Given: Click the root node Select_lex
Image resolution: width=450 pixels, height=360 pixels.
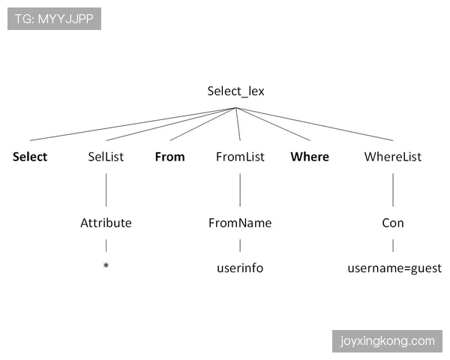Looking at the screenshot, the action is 235,91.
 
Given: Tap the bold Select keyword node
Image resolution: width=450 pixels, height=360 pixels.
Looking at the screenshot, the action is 30,157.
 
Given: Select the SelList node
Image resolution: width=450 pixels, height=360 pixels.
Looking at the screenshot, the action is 106,157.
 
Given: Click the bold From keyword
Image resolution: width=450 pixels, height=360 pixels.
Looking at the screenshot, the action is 170,157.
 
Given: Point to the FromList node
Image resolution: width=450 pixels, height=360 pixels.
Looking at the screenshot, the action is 240,157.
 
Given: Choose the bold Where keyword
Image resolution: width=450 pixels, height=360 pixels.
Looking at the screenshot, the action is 310,157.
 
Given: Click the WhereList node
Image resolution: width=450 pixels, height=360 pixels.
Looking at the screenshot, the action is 393,157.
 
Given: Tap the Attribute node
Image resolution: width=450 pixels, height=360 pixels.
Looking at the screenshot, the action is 106,223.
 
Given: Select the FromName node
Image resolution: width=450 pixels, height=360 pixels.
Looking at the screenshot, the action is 240,223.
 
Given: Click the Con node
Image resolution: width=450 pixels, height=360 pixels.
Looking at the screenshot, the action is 393,223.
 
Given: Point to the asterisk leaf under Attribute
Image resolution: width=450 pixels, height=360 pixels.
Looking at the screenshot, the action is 106,265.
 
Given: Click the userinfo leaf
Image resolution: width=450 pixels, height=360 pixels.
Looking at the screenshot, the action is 240,268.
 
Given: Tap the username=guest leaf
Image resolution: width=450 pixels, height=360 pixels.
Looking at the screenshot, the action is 394,268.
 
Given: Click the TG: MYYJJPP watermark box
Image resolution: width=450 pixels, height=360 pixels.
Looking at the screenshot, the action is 54,19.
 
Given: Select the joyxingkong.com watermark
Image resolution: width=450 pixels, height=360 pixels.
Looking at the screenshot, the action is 387,341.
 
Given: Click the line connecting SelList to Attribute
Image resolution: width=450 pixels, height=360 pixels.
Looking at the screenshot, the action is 106,190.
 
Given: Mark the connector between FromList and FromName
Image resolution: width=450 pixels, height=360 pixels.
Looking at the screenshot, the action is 240,190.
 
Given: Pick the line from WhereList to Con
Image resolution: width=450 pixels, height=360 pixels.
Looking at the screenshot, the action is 393,190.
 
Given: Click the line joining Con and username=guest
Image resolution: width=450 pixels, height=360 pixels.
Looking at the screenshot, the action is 393,245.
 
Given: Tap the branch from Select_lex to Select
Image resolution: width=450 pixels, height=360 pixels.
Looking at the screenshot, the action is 133,124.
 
